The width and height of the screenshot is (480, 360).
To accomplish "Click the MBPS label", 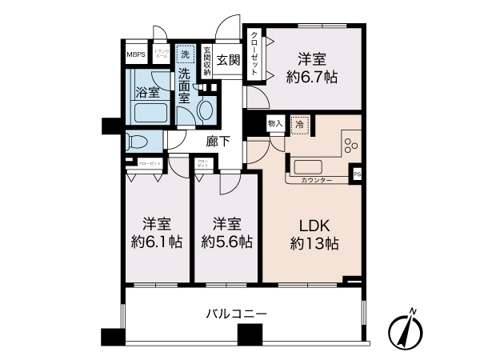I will click(x=136, y=56).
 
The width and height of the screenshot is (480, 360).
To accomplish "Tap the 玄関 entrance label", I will click(x=228, y=59).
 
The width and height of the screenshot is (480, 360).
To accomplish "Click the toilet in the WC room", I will click(x=138, y=142).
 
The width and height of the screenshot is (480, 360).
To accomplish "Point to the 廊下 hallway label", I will click(x=218, y=142).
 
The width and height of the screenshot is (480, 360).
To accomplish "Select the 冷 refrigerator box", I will click(x=299, y=124).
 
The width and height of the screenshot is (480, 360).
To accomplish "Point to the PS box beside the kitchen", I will click(x=357, y=172).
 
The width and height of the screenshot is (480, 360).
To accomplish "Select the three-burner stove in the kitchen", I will click(x=350, y=144).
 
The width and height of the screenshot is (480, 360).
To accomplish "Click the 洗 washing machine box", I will click(x=186, y=55).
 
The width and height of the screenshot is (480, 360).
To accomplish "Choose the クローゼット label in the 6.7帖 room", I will click(x=254, y=54).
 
